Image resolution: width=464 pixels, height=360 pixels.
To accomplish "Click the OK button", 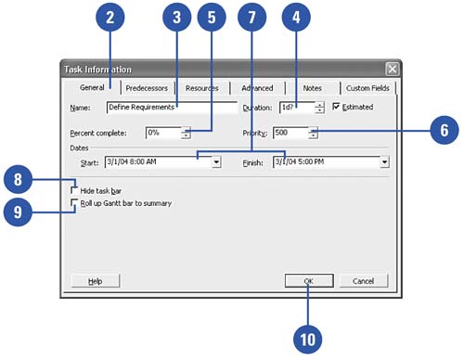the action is (309, 281).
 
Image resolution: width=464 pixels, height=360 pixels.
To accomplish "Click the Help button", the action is (96, 281).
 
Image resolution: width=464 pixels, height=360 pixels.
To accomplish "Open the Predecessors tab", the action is (147, 88).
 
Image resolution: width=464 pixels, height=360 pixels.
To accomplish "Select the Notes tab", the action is (313, 88).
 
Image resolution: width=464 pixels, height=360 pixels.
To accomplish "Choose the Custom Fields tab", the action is (367, 88).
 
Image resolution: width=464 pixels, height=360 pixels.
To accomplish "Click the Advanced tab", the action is (257, 88).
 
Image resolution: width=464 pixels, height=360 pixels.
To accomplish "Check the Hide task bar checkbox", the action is (74, 190).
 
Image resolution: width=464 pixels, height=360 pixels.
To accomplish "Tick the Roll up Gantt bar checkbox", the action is (74, 203).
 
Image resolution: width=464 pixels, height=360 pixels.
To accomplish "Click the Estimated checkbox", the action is (336, 107).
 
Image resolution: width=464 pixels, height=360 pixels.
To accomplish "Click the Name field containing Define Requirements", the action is (172, 108).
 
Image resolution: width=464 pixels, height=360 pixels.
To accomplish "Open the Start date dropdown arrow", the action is (216, 161).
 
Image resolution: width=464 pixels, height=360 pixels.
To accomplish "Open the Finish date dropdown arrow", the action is (384, 161).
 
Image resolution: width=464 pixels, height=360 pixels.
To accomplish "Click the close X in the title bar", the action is (393, 69).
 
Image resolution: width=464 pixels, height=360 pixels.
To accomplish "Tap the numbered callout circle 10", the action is (307, 340).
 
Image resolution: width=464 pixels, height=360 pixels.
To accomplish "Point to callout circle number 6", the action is (445, 130).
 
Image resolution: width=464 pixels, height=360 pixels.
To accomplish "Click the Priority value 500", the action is (281, 133).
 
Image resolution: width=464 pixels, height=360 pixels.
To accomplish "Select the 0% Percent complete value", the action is (153, 133).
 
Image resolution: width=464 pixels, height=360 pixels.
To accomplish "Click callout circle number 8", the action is (18, 179).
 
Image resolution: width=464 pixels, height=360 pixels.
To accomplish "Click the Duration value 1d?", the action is (288, 108).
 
